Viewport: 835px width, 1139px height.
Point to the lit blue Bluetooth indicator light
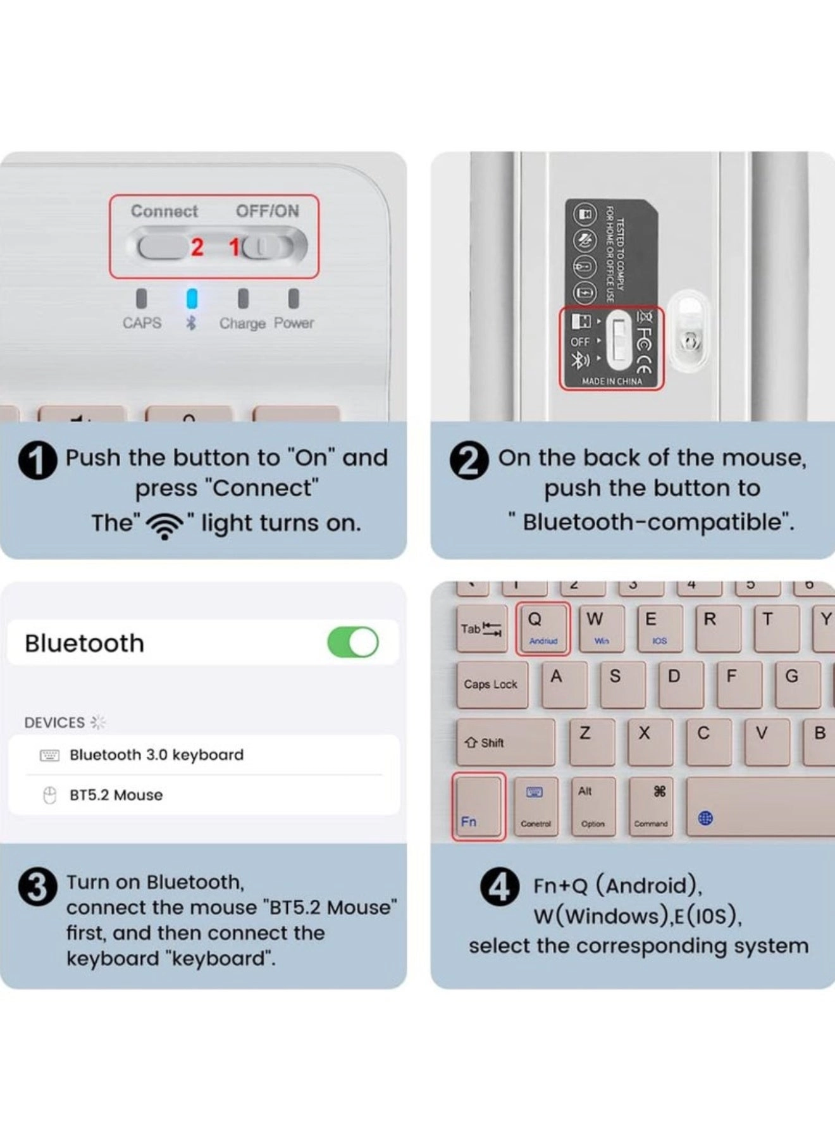(x=192, y=299)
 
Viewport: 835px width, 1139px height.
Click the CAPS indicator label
(x=142, y=323)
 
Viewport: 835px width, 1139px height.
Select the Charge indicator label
(x=242, y=323)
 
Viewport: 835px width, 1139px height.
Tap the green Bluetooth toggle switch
(x=353, y=642)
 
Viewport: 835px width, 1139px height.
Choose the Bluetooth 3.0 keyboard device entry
(x=156, y=755)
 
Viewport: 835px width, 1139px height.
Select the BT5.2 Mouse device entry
(x=116, y=795)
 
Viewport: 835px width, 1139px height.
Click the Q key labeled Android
(x=543, y=628)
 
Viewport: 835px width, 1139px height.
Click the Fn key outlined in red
(x=478, y=807)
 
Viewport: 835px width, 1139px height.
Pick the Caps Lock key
(x=491, y=684)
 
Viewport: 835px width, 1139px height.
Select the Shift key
(x=504, y=742)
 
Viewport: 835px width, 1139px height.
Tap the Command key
(x=652, y=807)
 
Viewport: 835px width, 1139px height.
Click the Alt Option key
(x=593, y=807)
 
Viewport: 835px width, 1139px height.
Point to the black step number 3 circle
(x=38, y=887)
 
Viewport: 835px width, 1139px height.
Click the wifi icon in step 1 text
(x=164, y=525)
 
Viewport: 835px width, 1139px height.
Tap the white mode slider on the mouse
(x=619, y=340)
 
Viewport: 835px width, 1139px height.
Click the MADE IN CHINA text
(x=612, y=382)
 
